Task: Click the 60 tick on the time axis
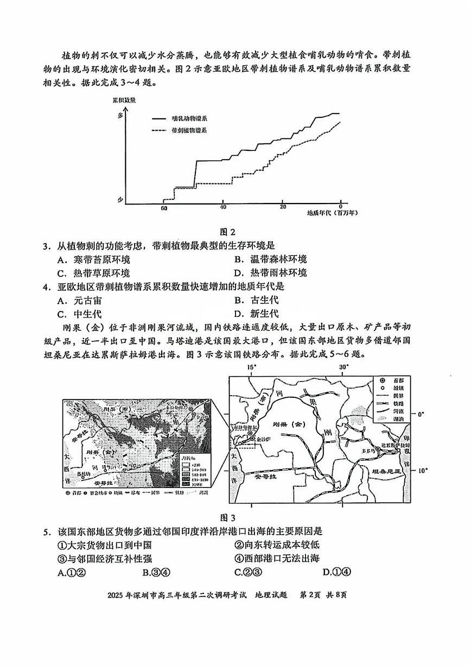click(x=164, y=208)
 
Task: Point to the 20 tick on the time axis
click(x=282, y=208)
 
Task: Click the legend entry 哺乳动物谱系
click(x=189, y=118)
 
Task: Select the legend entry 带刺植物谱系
click(x=189, y=131)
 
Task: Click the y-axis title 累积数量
click(x=124, y=101)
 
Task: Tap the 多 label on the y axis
click(x=120, y=115)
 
